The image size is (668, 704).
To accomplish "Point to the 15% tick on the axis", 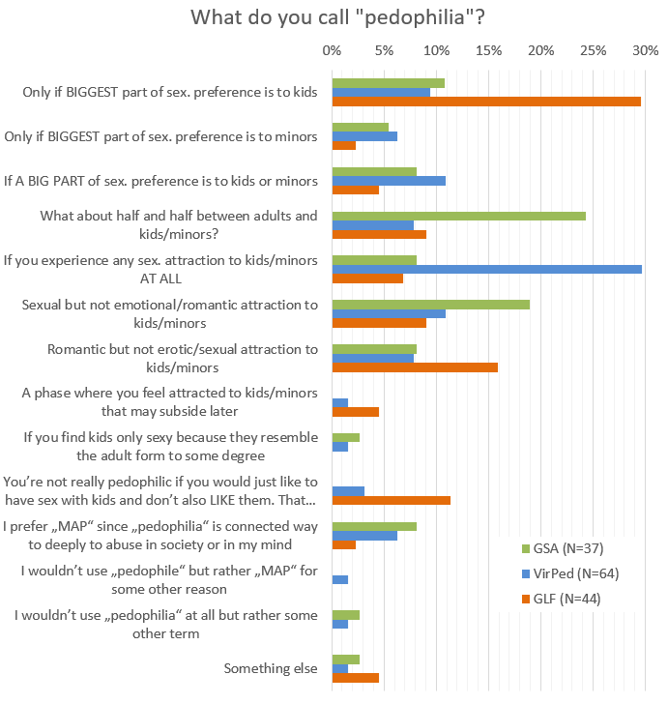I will [488, 49].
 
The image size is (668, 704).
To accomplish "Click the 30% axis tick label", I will [645, 49].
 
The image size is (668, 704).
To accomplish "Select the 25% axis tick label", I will [593, 49].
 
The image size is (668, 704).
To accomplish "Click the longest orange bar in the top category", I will [486, 102].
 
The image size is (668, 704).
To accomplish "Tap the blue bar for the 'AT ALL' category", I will [486, 269].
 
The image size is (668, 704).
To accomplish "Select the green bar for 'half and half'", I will [458, 215].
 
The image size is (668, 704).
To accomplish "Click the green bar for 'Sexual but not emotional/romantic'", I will [430, 304].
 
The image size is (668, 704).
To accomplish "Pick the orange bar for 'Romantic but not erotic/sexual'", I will [415, 367].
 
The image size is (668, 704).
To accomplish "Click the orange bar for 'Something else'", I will [355, 679].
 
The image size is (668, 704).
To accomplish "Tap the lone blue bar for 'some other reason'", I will [339, 579].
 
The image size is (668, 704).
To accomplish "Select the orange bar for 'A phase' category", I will [355, 412].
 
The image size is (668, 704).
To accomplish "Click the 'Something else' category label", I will [270, 668].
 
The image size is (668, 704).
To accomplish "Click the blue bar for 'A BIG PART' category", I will [389, 180].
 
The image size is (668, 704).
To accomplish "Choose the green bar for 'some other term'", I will [345, 614].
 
